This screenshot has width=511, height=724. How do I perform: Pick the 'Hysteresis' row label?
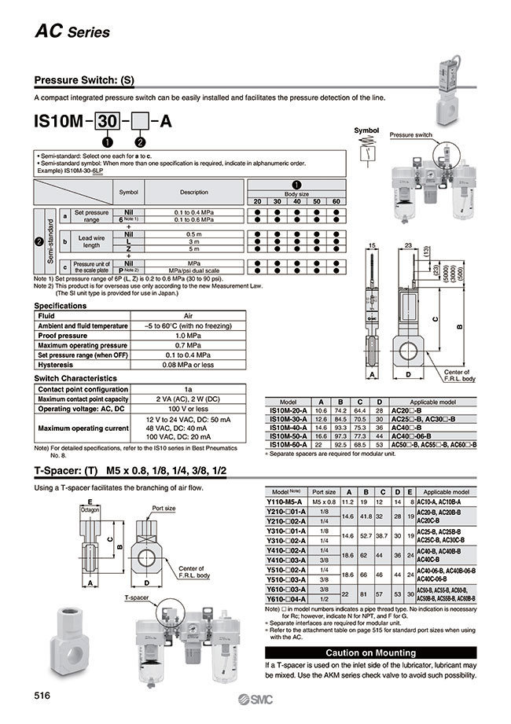coord(57,365)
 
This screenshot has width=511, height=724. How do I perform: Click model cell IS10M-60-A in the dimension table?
coord(289,444)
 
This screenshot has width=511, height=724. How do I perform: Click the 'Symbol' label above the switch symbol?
coord(367,130)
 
